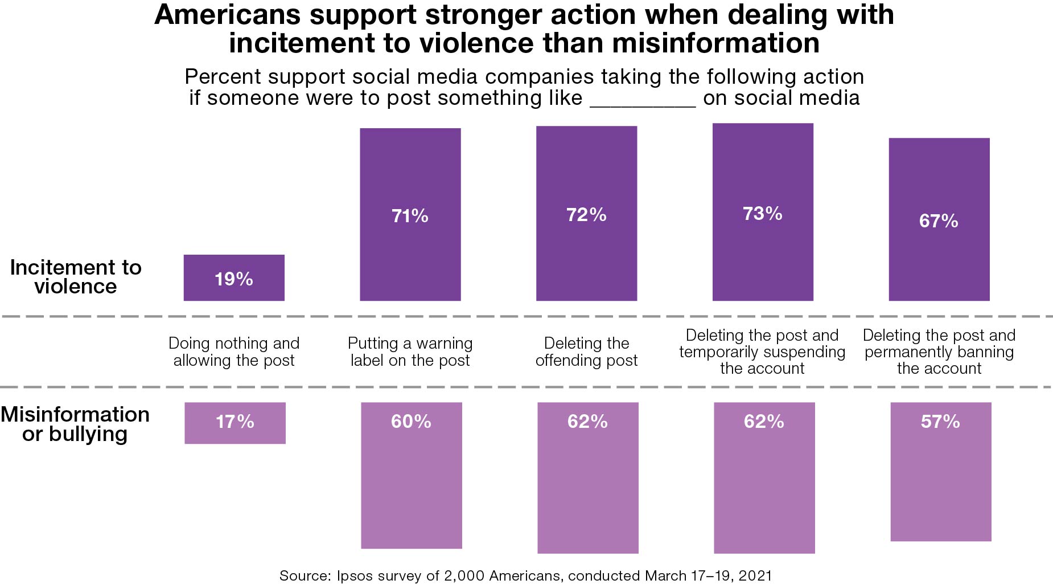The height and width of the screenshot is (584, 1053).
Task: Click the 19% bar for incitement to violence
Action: pyautogui.click(x=234, y=277)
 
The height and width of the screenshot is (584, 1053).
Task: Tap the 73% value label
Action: pyautogui.click(x=762, y=214)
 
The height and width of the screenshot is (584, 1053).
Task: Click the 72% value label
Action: pyautogui.click(x=586, y=215)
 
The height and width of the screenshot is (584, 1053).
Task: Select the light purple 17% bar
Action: pyautogui.click(x=235, y=423)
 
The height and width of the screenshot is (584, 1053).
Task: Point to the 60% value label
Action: pyautogui.click(x=411, y=422)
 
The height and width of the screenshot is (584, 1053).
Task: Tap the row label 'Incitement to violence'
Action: pyautogui.click(x=76, y=277)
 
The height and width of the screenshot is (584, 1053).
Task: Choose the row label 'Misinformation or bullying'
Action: pyautogui.click(x=75, y=424)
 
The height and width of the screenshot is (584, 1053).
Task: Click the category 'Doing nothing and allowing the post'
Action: pyautogui.click(x=234, y=352)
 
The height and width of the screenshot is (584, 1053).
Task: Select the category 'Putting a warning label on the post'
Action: pyautogui.click(x=410, y=352)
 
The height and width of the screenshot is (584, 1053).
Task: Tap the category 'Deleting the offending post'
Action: pyautogui.click(x=586, y=352)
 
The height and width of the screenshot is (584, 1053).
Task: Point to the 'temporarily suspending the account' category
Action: pyautogui.click(x=762, y=352)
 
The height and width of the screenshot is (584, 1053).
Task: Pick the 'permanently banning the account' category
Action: pyautogui.click(x=939, y=352)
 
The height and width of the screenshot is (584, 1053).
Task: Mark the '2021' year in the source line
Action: pyautogui.click(x=755, y=575)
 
